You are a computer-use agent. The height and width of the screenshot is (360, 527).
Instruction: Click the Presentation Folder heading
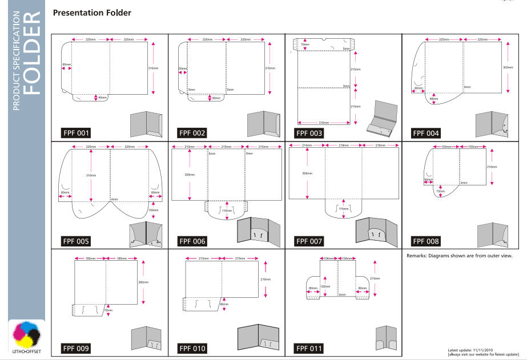91,12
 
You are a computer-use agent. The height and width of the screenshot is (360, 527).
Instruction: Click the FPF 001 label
76,134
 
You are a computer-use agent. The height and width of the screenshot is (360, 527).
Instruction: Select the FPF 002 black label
192,134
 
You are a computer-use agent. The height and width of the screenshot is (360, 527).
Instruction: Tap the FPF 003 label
309,134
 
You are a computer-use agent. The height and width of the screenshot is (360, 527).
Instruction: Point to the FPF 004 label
426,134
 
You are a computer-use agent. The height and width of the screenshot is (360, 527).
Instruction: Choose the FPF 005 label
76,241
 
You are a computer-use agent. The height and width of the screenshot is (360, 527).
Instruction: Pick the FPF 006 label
192,241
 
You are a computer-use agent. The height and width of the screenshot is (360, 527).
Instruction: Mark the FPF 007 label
309,241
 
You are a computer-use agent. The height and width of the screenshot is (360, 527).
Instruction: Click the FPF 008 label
426,241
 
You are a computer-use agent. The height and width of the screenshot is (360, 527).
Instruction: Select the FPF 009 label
76,347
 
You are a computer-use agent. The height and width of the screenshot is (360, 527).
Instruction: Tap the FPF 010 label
192,347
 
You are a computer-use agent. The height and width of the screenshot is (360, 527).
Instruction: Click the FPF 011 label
309,347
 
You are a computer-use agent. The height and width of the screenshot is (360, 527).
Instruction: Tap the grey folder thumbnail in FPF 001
147,124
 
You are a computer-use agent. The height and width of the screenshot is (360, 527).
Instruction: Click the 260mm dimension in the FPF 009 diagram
143,282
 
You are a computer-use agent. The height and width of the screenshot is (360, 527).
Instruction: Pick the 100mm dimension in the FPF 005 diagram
153,210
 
